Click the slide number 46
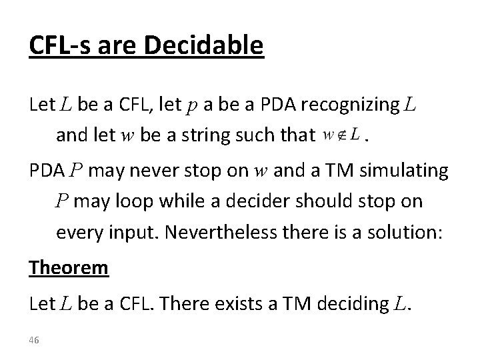34,340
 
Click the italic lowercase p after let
211,107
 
